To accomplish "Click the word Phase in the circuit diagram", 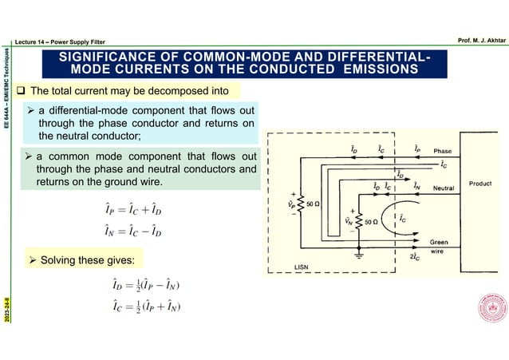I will point(441,151).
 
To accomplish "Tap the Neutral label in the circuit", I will point(444,188).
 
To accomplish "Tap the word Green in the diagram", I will point(439,241).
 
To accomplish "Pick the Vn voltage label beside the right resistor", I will point(349,220).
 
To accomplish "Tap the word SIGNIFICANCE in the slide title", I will point(104,57).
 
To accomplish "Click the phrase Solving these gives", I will point(88,260).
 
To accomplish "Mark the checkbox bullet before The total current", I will point(19,89).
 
